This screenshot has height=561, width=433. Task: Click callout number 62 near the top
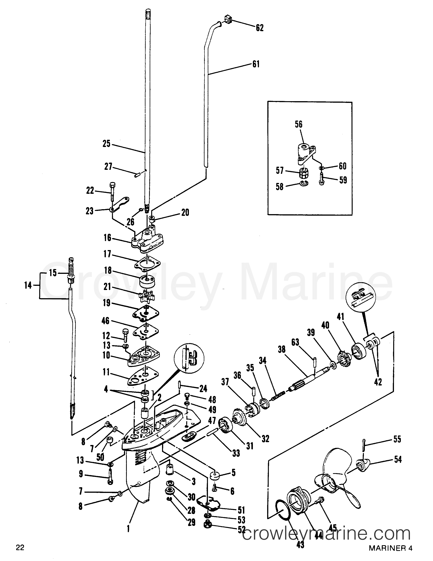pos(260,28)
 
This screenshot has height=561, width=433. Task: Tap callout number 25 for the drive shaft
pos(106,144)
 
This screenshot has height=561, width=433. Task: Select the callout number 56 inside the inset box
pos(299,124)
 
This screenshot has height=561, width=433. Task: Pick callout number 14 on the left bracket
pos(28,285)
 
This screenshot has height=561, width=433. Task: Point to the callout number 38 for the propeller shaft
pos(282,350)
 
